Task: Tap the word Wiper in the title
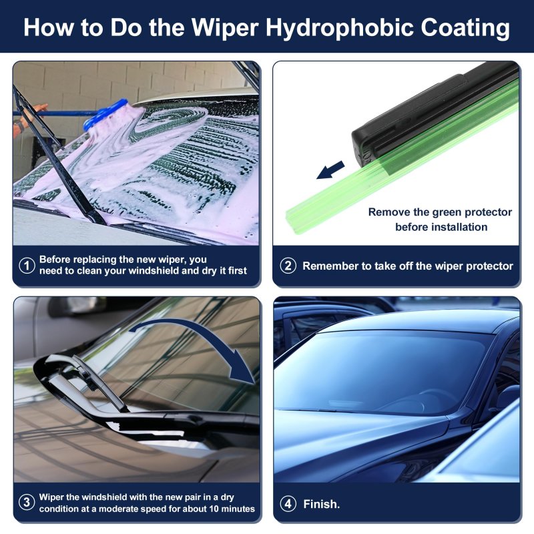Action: (224, 27)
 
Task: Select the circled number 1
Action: (27, 265)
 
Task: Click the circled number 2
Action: (288, 266)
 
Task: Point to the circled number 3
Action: (27, 503)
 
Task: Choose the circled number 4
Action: (288, 503)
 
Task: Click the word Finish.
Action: (322, 504)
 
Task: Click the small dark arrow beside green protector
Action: (330, 170)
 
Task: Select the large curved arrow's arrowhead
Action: (242, 371)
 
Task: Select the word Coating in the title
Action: (465, 28)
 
